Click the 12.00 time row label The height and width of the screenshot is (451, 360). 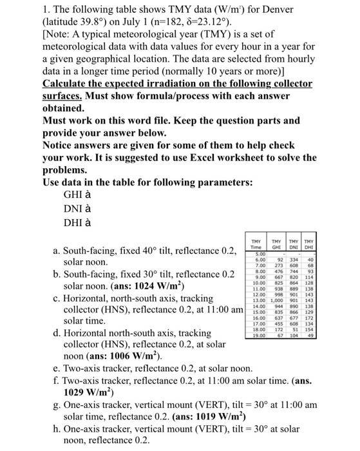256,295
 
